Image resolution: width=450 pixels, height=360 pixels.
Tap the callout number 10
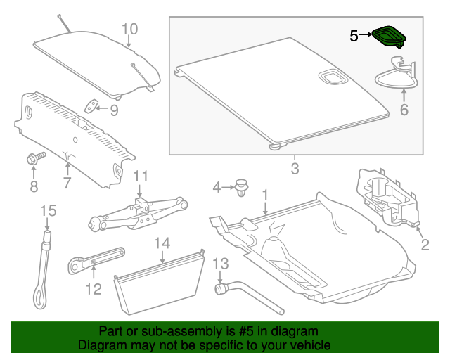(130, 29)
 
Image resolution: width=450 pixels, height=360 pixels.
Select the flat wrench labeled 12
(96, 261)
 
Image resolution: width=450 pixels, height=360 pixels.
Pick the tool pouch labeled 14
(160, 281)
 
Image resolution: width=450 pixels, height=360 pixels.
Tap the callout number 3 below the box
(295, 169)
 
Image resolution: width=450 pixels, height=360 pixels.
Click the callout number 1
(265, 193)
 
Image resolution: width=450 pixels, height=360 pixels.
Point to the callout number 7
(67, 184)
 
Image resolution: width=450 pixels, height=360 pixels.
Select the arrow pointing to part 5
(366, 35)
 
